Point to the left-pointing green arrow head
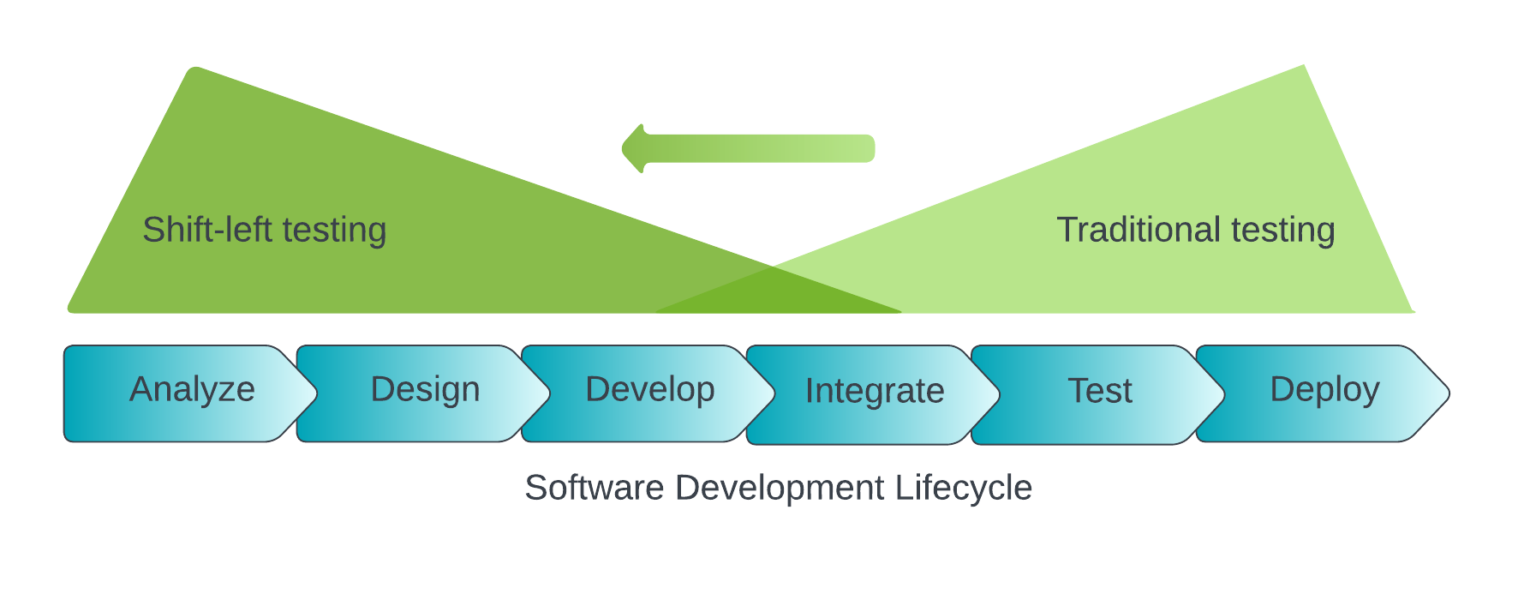pos(634,148)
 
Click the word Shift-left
pos(206,230)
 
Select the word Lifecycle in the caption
pos(963,488)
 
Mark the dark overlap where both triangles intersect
pos(775,294)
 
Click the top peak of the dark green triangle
pos(196,70)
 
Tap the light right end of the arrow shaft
pos(867,148)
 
